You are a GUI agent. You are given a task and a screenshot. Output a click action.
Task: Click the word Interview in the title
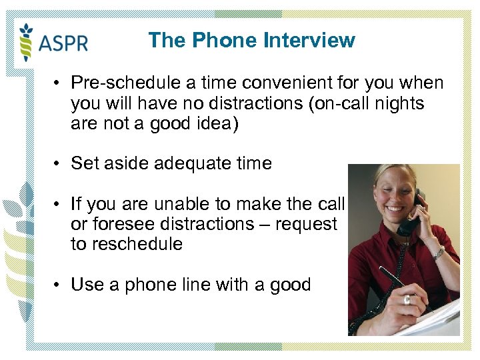pos(309,41)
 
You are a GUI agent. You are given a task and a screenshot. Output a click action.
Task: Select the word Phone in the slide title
pos(225,41)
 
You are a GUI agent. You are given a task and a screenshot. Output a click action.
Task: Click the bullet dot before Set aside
pos(59,163)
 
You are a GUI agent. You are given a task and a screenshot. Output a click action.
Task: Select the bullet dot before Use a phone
pos(59,285)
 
